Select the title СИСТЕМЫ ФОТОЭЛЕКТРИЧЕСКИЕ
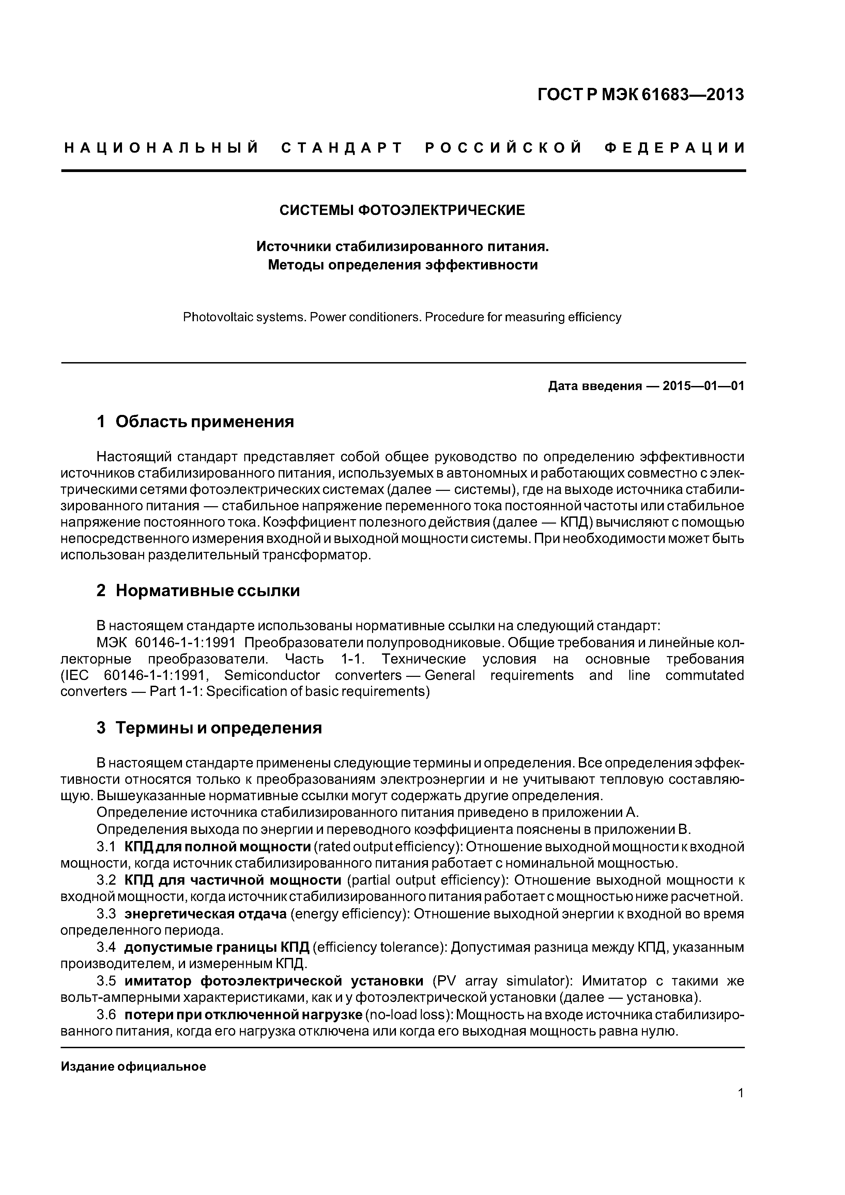tap(402, 210)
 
